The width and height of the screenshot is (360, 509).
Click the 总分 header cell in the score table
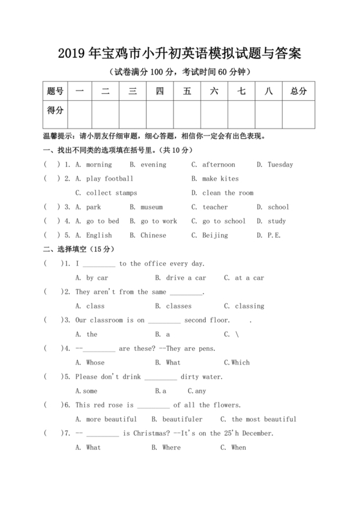[x=298, y=91]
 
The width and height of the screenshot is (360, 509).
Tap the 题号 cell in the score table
[x=55, y=91]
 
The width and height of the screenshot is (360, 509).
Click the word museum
[x=151, y=207]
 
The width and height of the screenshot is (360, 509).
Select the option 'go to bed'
[x=103, y=221]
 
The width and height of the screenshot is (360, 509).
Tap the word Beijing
[x=215, y=235]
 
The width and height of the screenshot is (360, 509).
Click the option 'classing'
[x=249, y=306]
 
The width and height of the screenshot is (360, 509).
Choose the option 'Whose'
[x=95, y=362]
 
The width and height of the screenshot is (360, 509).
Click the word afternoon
[x=219, y=165]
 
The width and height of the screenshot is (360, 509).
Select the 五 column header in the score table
[x=187, y=91]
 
